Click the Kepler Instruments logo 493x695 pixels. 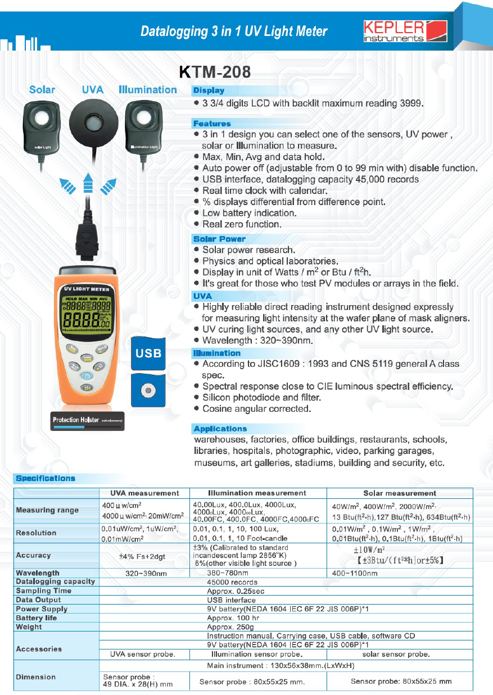click(x=405, y=31)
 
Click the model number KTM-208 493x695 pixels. click(x=214, y=72)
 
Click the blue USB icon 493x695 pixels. click(x=148, y=353)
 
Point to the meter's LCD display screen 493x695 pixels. click(x=87, y=313)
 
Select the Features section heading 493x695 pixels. click(x=212, y=124)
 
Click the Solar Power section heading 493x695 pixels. click(x=219, y=239)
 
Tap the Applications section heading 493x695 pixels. click(x=220, y=429)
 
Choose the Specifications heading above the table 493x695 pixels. click(x=46, y=479)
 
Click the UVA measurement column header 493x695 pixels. click(x=144, y=493)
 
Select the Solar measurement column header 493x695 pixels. click(x=399, y=493)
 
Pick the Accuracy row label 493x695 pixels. click(x=34, y=555)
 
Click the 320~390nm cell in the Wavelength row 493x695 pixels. click(x=144, y=573)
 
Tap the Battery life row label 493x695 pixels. click(x=37, y=618)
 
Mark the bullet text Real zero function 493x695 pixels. click(x=241, y=224)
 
